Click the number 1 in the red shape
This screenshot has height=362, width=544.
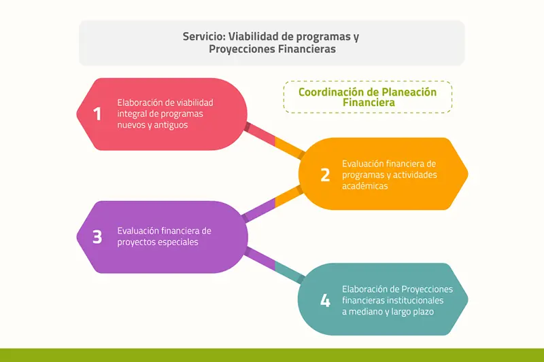tap(97, 113)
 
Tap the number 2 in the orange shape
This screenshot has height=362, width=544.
tap(325, 175)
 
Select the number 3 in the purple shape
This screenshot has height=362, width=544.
tap(97, 237)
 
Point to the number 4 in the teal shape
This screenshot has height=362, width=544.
tap(325, 300)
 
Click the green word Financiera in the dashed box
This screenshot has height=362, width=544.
tap(369, 103)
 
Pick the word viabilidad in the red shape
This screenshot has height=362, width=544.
tap(195, 103)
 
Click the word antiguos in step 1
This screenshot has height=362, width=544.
tap(171, 125)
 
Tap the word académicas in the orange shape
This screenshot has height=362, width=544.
tap(365, 186)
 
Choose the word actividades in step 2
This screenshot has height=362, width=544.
tap(415, 175)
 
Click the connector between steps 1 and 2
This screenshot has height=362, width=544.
tap(275, 141)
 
